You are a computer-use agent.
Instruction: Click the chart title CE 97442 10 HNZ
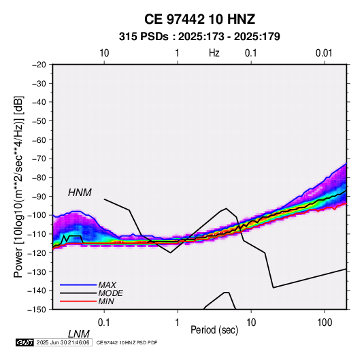[199, 19]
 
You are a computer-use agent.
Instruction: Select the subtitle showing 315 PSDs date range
[199, 37]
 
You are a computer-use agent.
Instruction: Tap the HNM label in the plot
[80, 193]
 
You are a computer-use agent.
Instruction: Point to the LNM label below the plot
[79, 334]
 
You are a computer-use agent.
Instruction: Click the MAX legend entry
[107, 284]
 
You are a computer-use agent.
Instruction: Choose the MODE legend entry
[110, 293]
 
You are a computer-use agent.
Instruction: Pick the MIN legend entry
[106, 301]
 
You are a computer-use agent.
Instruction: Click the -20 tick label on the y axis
[39, 65]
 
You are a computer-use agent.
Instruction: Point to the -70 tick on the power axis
[39, 159]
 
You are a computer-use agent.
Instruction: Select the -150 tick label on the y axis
[37, 310]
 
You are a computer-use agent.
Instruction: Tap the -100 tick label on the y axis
[37, 215]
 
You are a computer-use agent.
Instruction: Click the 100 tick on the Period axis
[325, 323]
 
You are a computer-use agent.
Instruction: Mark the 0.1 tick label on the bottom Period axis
[103, 323]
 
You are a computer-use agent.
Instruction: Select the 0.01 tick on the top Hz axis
[324, 53]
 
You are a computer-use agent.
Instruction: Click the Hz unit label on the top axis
[214, 53]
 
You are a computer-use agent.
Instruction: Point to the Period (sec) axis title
[214, 330]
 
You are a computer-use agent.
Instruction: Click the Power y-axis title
[18, 186]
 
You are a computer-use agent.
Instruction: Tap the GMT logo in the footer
[25, 342]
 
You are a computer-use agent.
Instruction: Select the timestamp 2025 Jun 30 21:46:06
[63, 342]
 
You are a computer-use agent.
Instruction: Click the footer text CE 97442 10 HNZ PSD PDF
[127, 342]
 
